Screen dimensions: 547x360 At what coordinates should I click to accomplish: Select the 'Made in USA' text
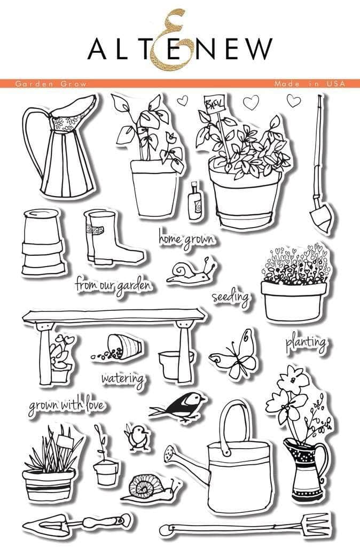pos(309,84)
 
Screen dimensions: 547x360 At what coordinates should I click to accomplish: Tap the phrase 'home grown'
pos(185,238)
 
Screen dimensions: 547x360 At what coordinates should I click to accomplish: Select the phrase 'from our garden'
pos(113,284)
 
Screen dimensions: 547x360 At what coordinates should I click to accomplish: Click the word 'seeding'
pos(230,297)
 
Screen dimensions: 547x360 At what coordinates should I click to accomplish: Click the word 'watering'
pos(122,379)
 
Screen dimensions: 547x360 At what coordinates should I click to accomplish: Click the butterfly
pos(235,354)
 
